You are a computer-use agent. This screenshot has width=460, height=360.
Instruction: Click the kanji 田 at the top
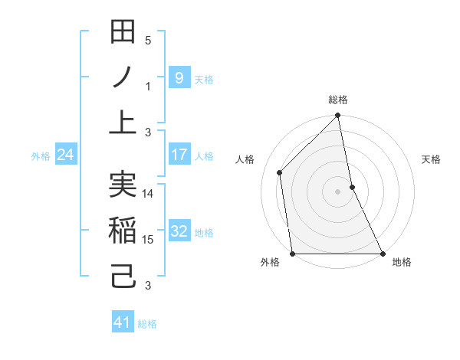click(123, 34)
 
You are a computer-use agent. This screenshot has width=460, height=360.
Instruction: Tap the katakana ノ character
click(123, 77)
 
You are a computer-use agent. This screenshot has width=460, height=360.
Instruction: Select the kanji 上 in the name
click(123, 121)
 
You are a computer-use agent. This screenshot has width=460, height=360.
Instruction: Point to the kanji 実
click(123, 185)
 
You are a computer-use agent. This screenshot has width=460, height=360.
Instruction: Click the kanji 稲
click(123, 230)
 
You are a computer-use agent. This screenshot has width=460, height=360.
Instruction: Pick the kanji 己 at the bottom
click(123, 274)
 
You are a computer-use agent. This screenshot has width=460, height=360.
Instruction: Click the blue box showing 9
click(179, 77)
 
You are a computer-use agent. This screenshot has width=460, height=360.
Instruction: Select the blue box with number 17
click(179, 155)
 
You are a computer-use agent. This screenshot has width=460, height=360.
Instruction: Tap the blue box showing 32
click(179, 231)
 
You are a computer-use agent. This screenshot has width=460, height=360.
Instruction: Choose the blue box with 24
click(66, 155)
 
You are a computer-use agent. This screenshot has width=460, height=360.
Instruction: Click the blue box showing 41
click(123, 322)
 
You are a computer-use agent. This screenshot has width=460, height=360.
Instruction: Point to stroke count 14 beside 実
click(148, 195)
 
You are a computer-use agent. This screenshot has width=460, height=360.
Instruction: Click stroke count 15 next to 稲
click(148, 240)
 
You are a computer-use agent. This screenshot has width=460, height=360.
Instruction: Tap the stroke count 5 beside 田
click(148, 41)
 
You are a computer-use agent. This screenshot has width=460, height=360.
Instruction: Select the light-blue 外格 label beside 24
click(41, 155)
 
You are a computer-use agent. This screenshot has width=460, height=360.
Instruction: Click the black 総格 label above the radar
click(338, 100)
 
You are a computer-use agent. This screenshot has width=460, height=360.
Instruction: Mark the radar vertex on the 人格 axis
click(280, 172)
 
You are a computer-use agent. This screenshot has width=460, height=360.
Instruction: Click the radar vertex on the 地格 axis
click(382, 253)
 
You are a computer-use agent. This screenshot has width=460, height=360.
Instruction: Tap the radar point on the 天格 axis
click(352, 187)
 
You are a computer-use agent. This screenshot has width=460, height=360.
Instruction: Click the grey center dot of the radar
click(337, 191)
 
